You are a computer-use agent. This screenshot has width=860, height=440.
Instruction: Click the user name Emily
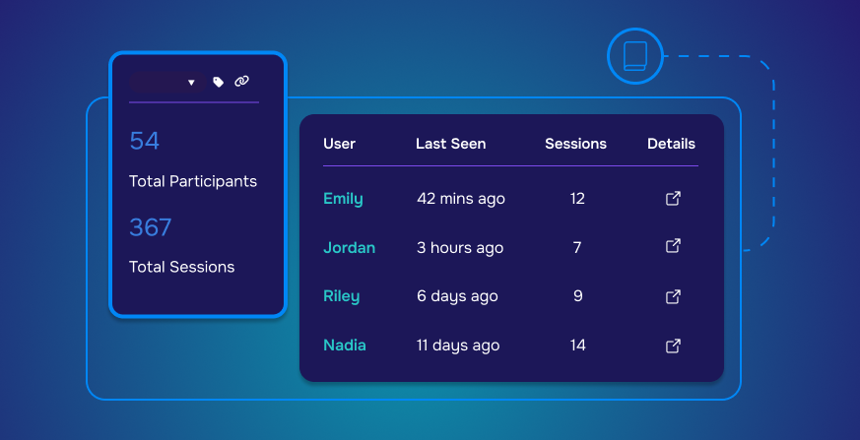tap(343, 199)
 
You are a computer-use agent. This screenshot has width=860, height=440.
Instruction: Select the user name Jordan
tap(350, 248)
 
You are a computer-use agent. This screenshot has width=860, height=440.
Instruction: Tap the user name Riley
tap(341, 296)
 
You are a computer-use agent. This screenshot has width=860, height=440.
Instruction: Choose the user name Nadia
tap(345, 346)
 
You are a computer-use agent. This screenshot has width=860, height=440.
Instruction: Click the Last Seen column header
tap(451, 144)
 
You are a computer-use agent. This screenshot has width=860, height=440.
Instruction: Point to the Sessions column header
tap(575, 144)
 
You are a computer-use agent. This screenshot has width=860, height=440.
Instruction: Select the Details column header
tap(671, 144)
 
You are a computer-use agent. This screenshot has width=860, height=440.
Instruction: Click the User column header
tap(340, 144)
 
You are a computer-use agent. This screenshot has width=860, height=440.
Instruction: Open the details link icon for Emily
tap(673, 199)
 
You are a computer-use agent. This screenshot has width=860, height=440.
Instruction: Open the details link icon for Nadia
tap(673, 346)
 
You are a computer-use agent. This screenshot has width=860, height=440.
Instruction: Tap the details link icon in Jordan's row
tap(673, 245)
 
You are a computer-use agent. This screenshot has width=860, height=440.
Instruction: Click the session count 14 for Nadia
tap(577, 346)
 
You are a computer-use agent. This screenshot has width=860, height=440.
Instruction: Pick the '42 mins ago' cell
tap(461, 199)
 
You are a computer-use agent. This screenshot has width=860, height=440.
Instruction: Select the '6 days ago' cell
tap(457, 296)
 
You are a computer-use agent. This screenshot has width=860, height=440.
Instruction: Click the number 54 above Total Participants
tap(144, 141)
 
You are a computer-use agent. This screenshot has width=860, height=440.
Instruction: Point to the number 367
tap(151, 227)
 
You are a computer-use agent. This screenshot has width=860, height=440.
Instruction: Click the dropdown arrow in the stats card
tap(191, 83)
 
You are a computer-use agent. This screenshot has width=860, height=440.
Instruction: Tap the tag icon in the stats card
tap(219, 82)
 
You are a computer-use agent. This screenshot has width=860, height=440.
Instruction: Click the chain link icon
tap(242, 82)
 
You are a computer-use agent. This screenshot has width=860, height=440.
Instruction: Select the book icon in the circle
tap(635, 56)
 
